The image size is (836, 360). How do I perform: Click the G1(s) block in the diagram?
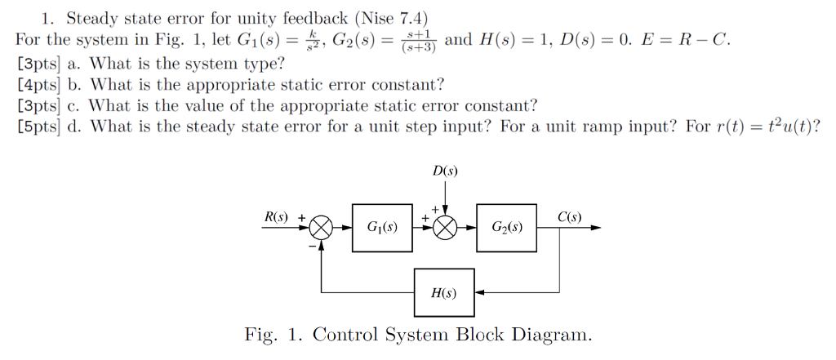pyautogui.click(x=383, y=228)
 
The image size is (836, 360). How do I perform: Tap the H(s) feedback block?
pyautogui.click(x=444, y=292)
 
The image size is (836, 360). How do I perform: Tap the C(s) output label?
pyautogui.click(x=569, y=217)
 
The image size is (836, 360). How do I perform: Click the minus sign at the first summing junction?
pyautogui.click(x=312, y=247)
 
